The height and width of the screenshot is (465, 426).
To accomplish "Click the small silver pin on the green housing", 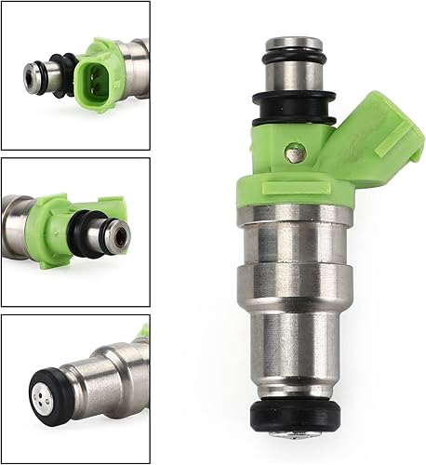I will [295, 149].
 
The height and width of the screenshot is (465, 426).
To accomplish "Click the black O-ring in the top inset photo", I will [63, 74].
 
